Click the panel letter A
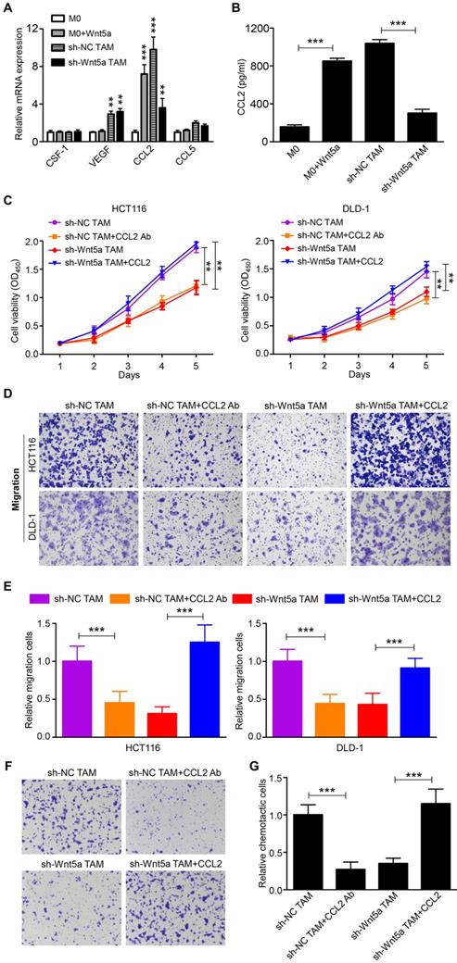7,8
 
